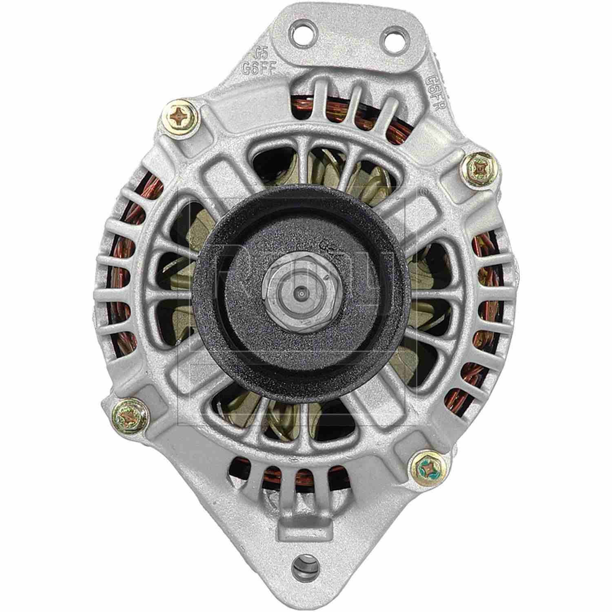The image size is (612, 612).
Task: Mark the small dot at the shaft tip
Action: coord(300,293)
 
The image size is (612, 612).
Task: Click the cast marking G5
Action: coord(260,53)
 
